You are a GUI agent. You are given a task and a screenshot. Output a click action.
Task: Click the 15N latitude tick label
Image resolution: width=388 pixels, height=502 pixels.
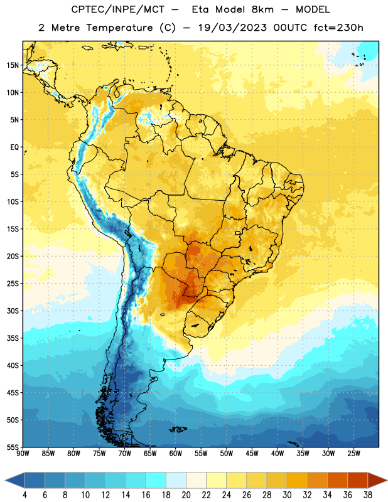13,65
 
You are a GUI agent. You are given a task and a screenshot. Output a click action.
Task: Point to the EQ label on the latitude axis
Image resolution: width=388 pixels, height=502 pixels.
14,147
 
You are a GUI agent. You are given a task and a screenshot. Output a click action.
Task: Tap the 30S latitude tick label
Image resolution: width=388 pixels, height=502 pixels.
13,311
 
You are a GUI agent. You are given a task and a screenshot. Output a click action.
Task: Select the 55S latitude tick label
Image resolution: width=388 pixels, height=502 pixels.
13,447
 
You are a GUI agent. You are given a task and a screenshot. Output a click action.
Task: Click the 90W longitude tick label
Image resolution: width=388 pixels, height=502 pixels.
23,453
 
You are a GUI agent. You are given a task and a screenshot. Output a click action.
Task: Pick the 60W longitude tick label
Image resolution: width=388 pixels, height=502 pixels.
176,453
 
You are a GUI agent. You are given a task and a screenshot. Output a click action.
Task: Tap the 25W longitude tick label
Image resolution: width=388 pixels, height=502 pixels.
353,453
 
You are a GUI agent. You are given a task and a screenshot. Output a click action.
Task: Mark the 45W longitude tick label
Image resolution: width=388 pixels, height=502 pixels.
252,453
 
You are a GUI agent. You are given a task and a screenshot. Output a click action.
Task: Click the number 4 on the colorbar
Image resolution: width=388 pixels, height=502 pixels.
24,495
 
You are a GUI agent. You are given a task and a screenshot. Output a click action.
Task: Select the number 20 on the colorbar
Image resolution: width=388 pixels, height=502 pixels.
186,495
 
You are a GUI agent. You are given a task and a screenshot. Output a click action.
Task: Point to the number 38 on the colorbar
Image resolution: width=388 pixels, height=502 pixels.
368,495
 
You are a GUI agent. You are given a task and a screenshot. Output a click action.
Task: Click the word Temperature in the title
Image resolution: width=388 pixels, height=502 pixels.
119,28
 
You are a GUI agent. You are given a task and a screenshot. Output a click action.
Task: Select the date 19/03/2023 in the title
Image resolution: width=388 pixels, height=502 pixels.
232,28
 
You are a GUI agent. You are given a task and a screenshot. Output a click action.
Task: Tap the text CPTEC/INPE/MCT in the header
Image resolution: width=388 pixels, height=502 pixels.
118,9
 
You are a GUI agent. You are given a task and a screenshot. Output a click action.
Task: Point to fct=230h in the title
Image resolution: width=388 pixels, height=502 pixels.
338,28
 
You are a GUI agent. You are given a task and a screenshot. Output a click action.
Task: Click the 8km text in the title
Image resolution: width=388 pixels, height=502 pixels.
262,9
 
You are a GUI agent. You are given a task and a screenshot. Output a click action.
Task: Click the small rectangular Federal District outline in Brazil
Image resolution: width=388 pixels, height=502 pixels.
238,233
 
